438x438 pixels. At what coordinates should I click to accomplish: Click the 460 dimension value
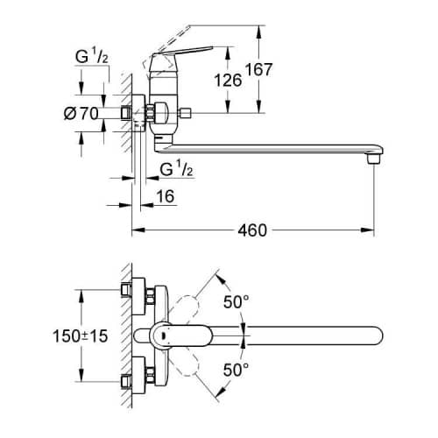[252, 230]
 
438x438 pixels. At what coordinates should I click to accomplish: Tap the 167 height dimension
[258, 69]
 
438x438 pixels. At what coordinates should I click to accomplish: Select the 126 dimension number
[228, 81]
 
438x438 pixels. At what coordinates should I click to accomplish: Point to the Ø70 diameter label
[81, 113]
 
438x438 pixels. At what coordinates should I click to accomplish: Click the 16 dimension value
[166, 196]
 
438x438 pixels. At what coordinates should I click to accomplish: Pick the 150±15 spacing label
[81, 336]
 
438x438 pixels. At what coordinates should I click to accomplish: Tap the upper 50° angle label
[237, 302]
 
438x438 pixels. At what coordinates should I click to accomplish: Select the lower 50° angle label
[237, 370]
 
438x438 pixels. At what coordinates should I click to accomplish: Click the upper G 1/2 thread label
[92, 57]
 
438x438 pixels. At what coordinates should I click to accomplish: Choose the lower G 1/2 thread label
[177, 169]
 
